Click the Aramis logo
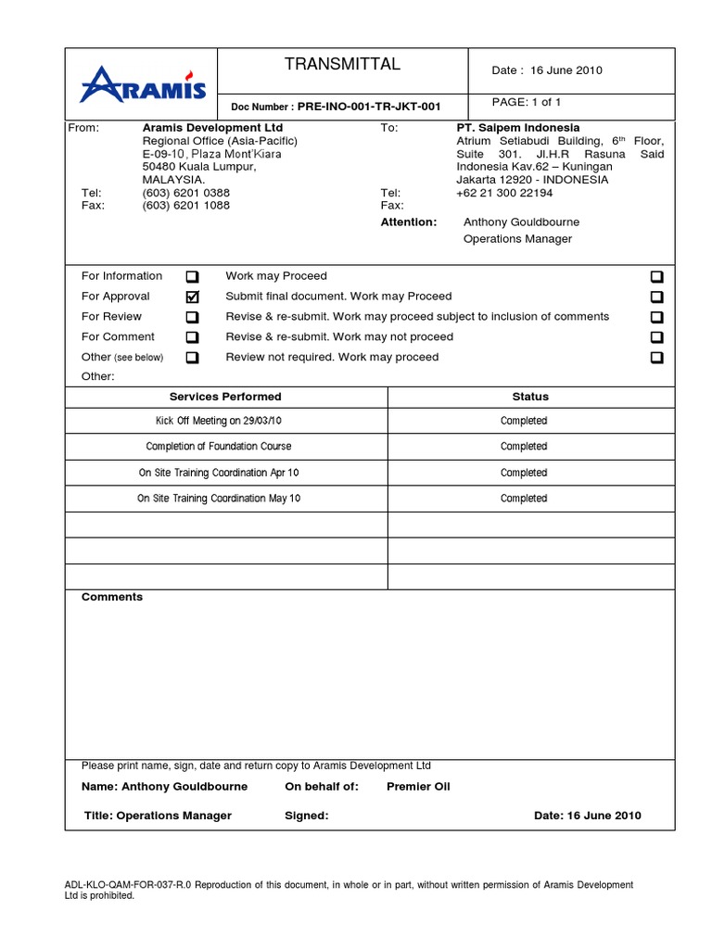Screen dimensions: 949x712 click(142, 84)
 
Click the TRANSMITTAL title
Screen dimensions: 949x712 click(342, 64)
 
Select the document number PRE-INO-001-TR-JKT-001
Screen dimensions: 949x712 click(369, 107)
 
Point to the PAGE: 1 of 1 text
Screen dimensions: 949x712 click(527, 102)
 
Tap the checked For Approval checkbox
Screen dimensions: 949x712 click(192, 297)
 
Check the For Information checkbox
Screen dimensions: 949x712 click(192, 277)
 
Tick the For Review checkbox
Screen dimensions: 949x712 click(192, 318)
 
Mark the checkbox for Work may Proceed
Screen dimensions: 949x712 click(656, 277)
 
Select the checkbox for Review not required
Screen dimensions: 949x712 click(656, 358)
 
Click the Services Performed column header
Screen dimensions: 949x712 click(225, 397)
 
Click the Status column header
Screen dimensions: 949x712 click(530, 397)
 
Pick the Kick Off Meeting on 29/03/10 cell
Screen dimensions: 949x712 click(219, 421)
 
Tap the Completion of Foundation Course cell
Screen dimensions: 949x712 click(219, 447)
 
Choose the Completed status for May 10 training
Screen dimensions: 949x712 click(524, 499)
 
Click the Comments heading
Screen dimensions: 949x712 click(112, 598)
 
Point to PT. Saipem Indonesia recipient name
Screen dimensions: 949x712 click(518, 128)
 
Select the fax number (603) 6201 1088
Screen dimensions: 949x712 click(185, 206)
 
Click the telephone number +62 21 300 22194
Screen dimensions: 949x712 click(504, 193)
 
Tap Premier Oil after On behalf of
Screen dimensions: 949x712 click(418, 787)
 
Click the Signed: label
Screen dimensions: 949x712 click(306, 816)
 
